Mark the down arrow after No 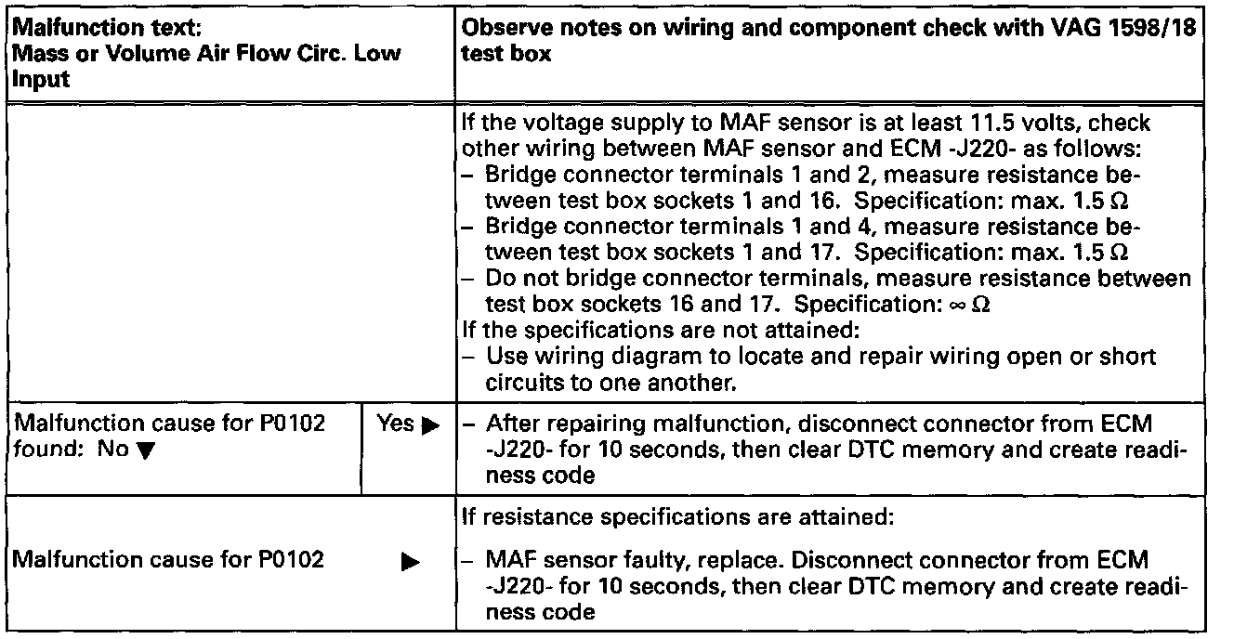click(x=132, y=450)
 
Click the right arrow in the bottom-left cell click(x=406, y=562)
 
